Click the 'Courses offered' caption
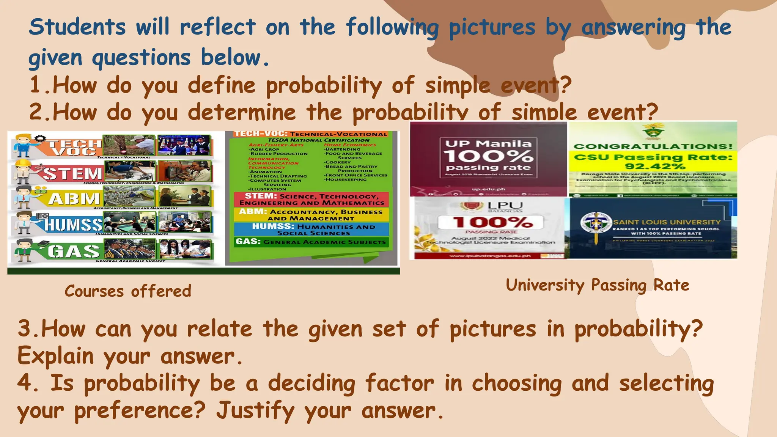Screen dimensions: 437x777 128,291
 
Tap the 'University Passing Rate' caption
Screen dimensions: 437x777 597,285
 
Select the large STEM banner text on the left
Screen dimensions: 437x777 72,173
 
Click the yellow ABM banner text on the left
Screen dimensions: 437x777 74,198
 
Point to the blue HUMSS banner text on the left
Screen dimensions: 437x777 73,225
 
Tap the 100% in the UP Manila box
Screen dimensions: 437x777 488,156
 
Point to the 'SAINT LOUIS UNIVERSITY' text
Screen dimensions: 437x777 667,222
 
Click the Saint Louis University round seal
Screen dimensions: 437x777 596,223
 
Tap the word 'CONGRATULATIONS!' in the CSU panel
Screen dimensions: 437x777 653,146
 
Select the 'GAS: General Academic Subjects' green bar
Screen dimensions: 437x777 311,242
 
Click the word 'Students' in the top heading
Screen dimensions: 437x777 77,27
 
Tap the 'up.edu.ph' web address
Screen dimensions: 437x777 488,189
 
